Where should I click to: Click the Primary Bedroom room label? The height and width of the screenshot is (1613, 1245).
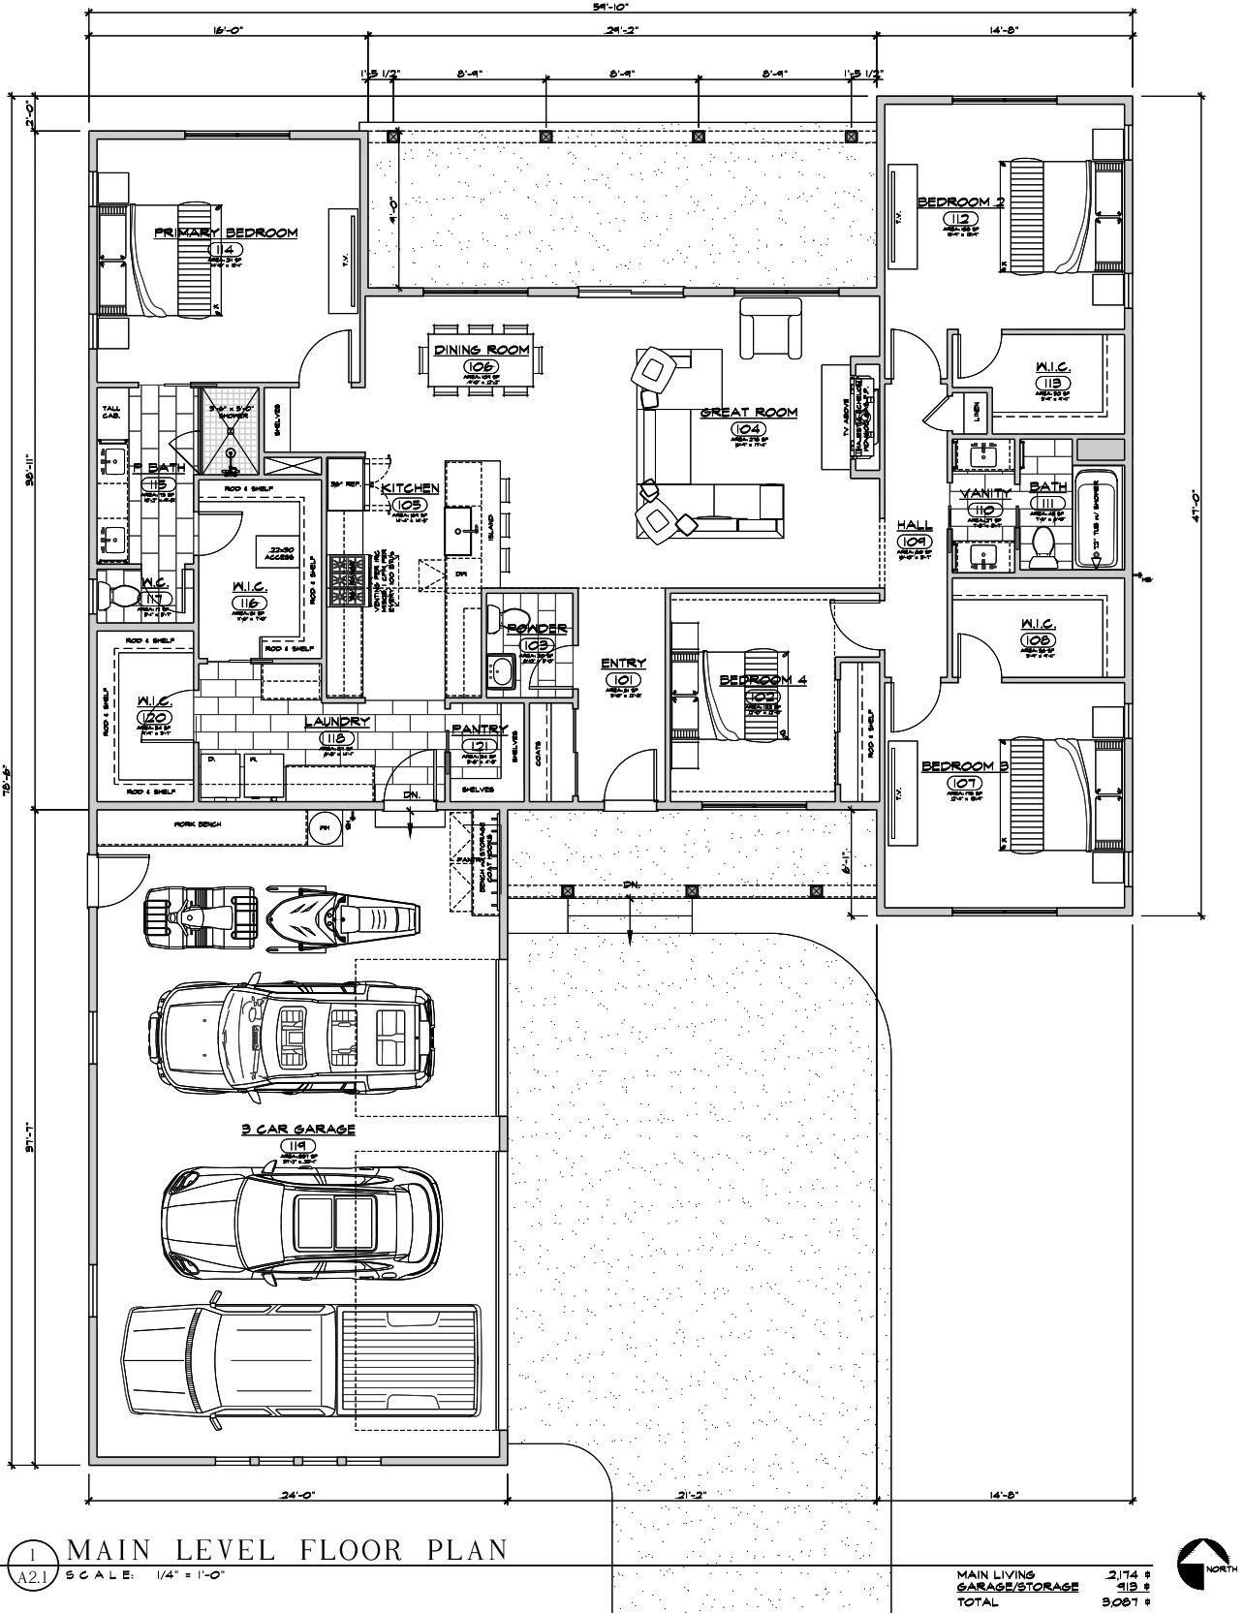point(226,233)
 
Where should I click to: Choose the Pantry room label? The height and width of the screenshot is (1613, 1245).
point(480,729)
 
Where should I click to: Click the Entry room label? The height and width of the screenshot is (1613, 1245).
point(622,664)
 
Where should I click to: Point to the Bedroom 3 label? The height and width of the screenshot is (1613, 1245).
point(957,766)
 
